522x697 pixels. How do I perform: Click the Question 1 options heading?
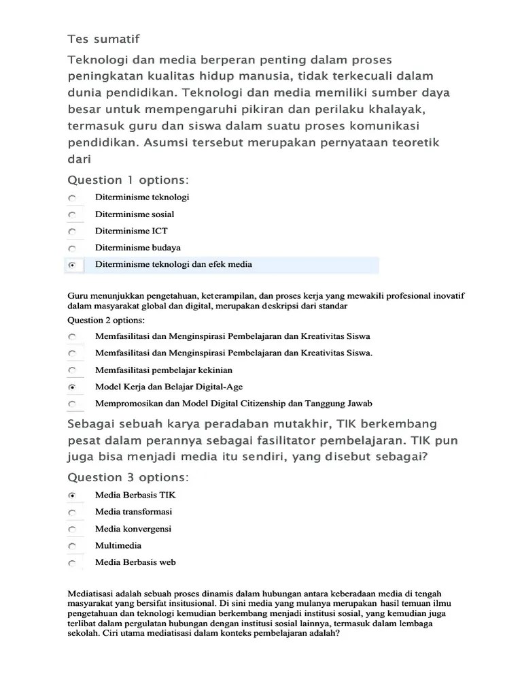[128, 180]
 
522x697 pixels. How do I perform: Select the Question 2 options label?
[106, 319]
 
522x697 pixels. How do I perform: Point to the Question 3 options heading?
[128, 476]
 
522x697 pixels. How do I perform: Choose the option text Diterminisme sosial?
[135, 214]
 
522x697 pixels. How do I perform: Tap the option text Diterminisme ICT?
[131, 231]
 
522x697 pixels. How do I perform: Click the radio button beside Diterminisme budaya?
[72, 248]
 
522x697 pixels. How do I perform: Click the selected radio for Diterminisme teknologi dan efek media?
[72, 265]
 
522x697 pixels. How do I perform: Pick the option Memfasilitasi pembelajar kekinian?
[164, 370]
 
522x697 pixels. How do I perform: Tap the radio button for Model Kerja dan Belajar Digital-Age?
[72, 387]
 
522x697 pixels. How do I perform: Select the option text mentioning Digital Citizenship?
[233, 403]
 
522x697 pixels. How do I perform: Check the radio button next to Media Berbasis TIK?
[72, 496]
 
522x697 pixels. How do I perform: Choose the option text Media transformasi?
[134, 512]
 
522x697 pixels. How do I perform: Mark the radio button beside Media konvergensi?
[72, 529]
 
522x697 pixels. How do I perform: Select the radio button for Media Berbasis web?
[72, 563]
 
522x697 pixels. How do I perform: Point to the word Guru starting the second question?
[79, 296]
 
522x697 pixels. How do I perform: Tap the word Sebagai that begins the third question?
[90, 424]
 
